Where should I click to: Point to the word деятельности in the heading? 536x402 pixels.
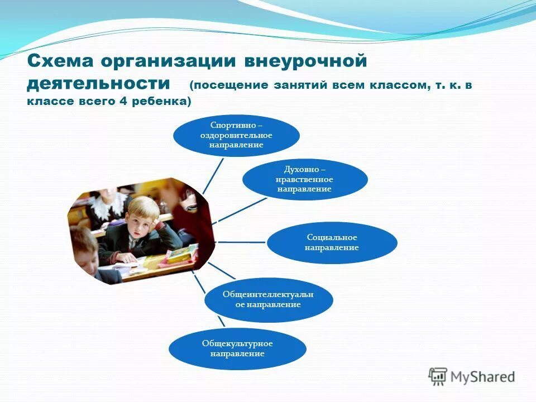98,83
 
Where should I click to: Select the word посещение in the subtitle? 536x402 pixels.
229,85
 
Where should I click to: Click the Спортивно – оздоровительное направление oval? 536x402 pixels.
236,136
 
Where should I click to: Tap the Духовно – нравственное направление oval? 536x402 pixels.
304,179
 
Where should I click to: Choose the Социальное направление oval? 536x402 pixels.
332,242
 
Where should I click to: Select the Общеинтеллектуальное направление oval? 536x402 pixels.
269,299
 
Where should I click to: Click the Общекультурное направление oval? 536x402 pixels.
237,348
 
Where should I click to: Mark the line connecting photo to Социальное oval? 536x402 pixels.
240,242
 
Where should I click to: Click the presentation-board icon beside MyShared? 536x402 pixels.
438,376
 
